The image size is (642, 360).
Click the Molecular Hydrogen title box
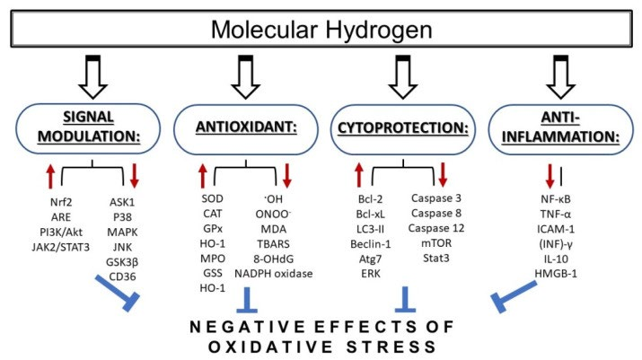click(x=321, y=31)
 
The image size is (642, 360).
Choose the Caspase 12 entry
click(x=439, y=225)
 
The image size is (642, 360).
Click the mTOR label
click(x=439, y=240)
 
